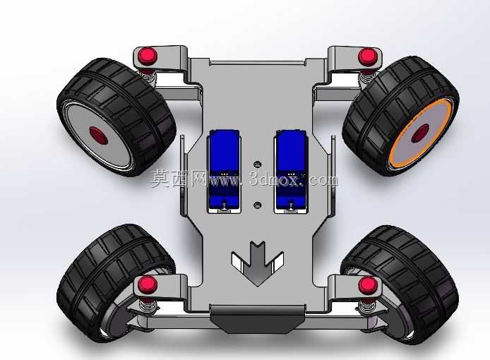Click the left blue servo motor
point(224,172)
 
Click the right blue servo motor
point(291,172)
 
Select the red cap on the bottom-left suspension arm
point(148,284)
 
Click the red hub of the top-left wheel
point(99,136)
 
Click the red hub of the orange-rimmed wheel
point(420,133)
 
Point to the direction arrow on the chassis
point(258,263)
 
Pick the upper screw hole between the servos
point(258,164)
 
